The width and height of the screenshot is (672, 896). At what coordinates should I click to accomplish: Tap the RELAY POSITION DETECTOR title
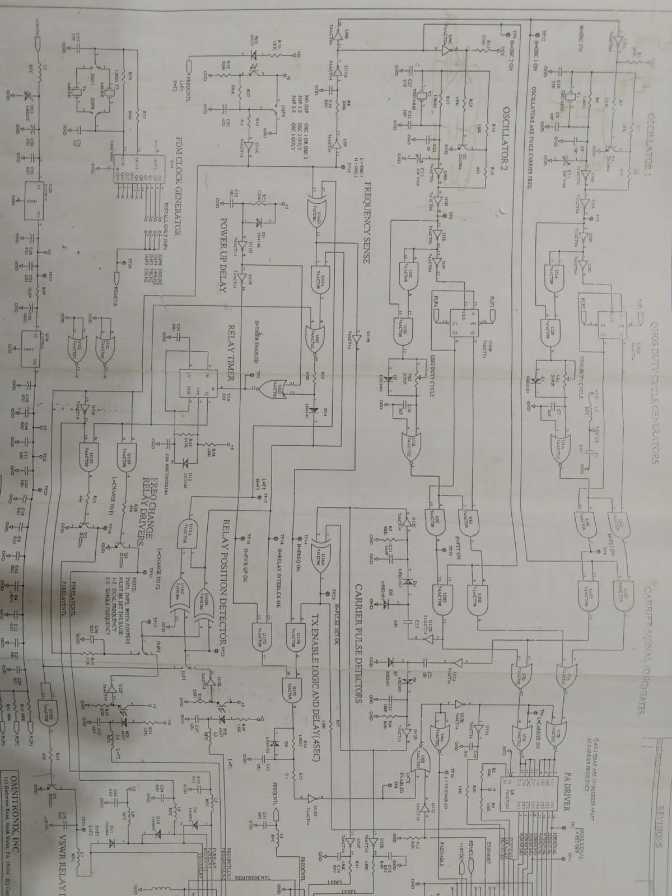226,585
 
